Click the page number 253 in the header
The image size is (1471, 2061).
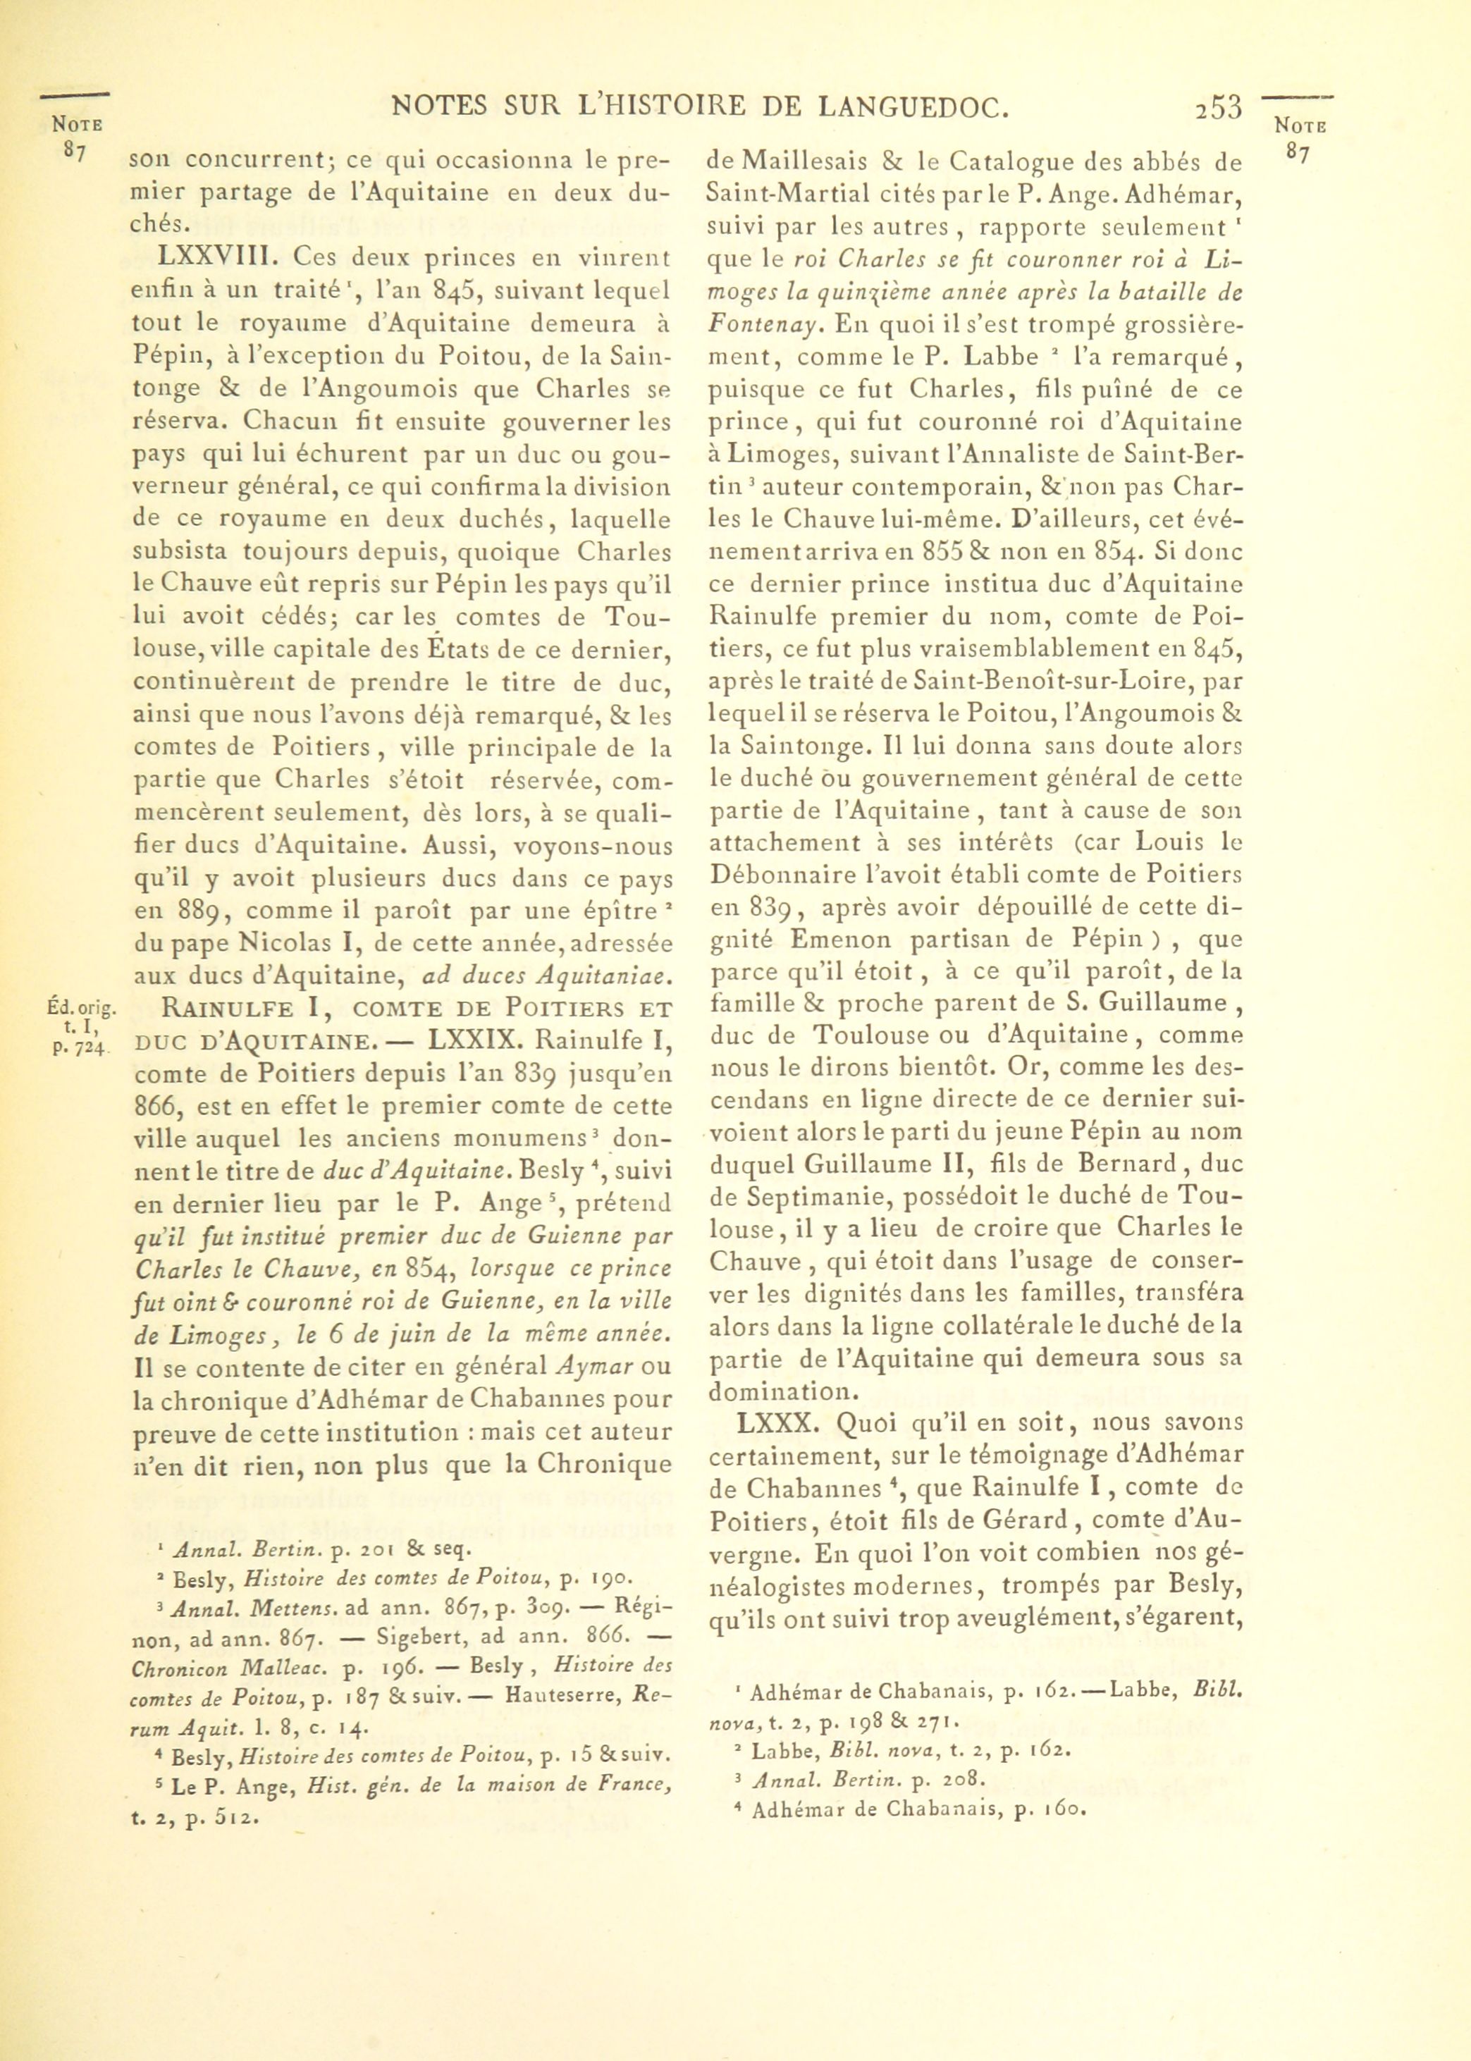[1217, 107]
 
